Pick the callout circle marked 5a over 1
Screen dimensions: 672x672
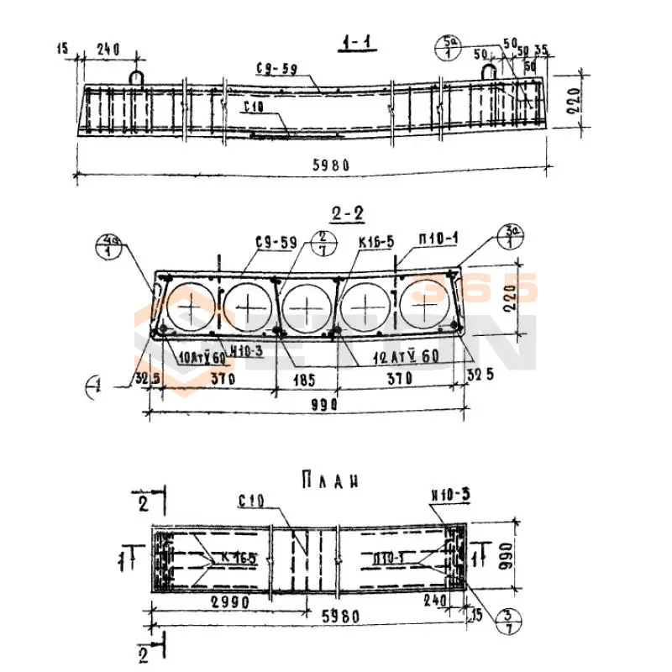pyautogui.click(x=449, y=46)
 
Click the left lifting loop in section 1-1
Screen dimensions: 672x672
pyautogui.click(x=136, y=76)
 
